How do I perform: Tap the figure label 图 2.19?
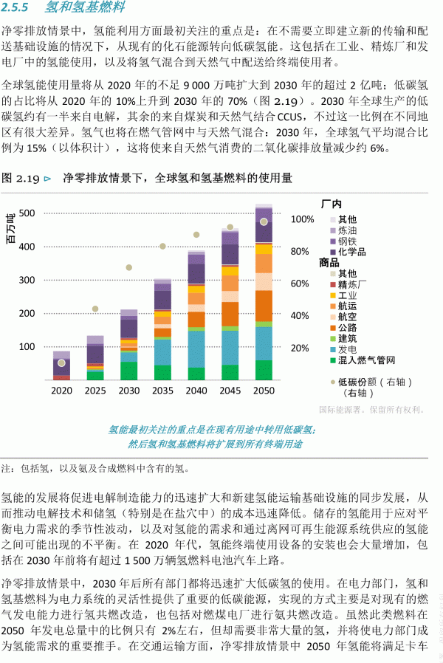click(19, 178)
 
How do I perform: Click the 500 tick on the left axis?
click(26, 213)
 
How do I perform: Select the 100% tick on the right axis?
click(303, 219)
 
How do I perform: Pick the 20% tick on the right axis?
click(299, 348)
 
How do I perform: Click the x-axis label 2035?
click(162, 390)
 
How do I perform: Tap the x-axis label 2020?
click(62, 390)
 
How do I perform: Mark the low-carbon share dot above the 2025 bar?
click(95, 309)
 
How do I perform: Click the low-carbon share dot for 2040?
click(196, 235)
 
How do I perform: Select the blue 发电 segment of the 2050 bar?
click(264, 343)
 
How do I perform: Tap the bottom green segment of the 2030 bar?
click(129, 371)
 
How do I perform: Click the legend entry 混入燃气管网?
click(367, 360)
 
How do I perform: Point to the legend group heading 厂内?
click(331, 204)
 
